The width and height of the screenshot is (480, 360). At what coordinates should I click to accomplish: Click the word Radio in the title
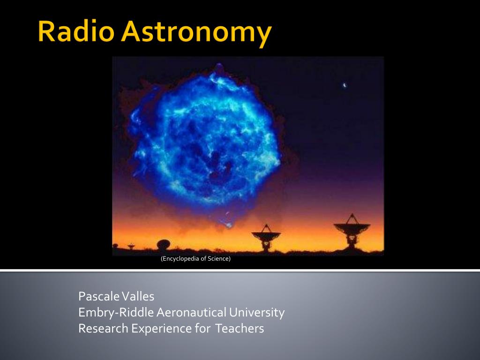coord(76,31)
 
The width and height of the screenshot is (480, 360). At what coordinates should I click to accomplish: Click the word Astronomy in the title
coord(196,33)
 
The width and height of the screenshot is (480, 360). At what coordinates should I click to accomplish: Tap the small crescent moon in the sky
coord(345,85)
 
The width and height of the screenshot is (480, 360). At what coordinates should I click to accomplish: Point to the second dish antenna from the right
coord(266,238)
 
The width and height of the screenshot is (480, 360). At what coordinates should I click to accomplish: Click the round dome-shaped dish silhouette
coord(164,244)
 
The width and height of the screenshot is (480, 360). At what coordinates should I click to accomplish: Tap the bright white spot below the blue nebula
coord(229,225)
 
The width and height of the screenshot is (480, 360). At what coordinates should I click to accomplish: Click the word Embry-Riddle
coord(116,313)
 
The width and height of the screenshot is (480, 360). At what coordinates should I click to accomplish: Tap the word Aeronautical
coord(191,313)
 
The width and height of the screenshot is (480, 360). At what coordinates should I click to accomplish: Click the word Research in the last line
coord(104,329)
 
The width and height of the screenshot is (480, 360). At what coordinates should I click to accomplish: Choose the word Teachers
coord(240,329)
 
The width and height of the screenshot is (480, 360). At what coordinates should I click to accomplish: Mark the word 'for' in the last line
coord(202,329)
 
